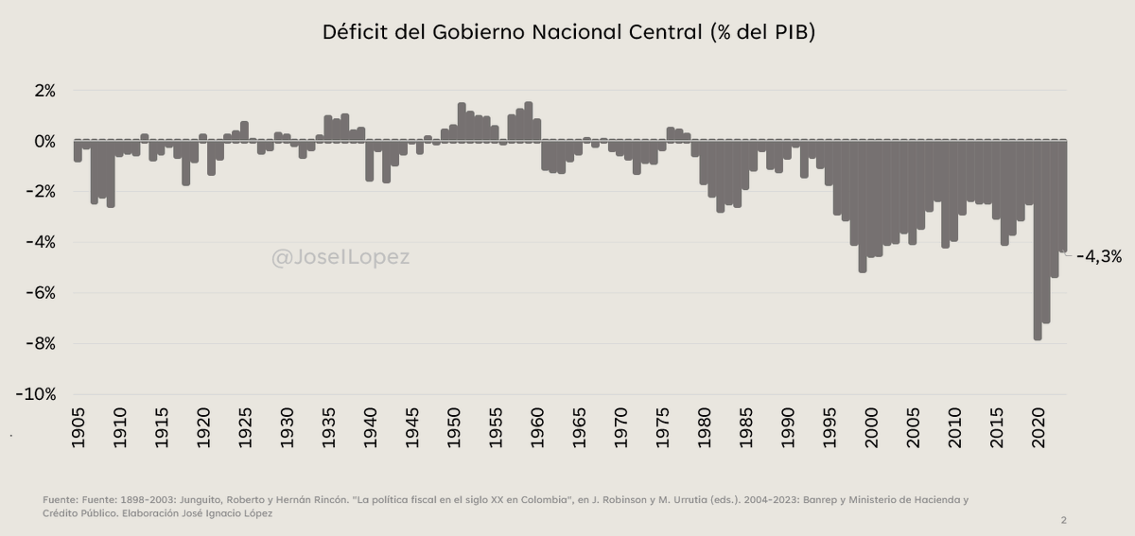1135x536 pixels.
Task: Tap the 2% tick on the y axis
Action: tap(44, 91)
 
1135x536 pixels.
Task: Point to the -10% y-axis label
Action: tap(37, 394)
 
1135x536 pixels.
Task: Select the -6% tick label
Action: tap(41, 293)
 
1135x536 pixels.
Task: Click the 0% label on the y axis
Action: tap(44, 142)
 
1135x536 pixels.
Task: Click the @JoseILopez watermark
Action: tap(340, 257)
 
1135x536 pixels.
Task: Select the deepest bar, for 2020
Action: tap(1038, 241)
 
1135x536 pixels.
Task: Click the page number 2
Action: tap(1063, 520)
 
